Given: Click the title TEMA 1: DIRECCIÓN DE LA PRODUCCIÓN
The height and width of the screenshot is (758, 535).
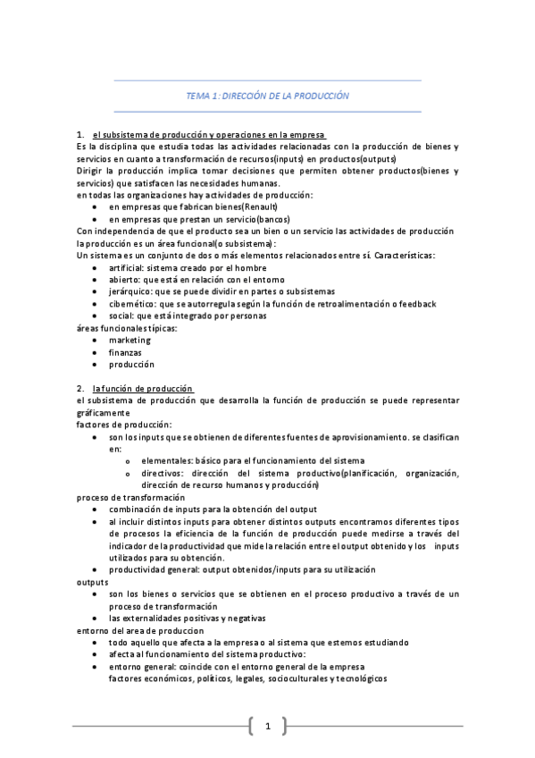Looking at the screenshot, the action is point(267,95).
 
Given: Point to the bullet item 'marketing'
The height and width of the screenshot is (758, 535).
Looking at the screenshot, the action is point(130,340).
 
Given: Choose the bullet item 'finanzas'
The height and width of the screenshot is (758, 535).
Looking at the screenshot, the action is point(126,352).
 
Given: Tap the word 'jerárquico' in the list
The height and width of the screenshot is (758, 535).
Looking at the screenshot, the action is point(130,291).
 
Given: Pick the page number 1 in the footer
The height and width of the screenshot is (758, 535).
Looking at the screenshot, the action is point(267,726).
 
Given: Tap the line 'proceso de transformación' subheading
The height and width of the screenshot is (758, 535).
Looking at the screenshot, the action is point(130,497).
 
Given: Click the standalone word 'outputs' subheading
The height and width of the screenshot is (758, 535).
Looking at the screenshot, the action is point(93,581).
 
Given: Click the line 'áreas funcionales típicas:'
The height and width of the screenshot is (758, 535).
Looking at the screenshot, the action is point(127,327).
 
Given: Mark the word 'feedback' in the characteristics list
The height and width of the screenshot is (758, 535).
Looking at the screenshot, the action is point(414,303).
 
